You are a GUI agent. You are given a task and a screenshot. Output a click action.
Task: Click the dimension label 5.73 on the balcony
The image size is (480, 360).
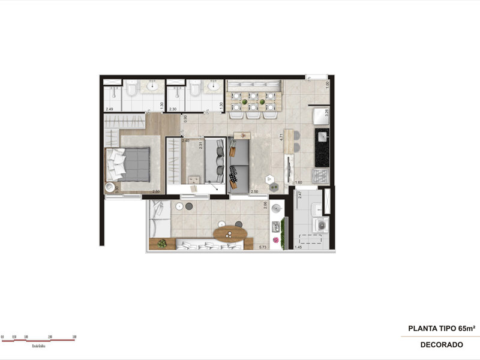[x=263, y=247]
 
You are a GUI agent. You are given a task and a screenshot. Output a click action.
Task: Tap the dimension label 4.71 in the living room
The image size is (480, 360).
[x=281, y=136]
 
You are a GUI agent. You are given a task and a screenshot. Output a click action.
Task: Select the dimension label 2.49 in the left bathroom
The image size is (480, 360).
[x=109, y=109]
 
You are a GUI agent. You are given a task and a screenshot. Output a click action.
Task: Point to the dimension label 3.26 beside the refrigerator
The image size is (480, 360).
[x=327, y=112]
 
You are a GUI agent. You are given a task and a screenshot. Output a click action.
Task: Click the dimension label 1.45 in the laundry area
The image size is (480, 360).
[x=298, y=247]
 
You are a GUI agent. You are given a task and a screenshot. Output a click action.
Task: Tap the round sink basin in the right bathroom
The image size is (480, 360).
[x=214, y=88]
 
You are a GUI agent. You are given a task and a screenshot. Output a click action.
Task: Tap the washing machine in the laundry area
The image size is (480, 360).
[x=322, y=226]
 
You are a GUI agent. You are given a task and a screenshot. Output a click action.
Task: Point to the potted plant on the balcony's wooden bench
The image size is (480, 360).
[x=162, y=243]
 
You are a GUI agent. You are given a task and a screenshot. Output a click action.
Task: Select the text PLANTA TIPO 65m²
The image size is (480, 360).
[x=442, y=328]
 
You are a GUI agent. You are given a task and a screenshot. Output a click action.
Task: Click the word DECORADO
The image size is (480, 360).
[x=441, y=345]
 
